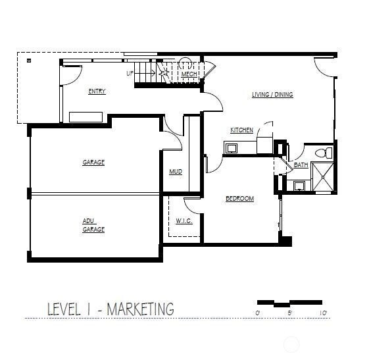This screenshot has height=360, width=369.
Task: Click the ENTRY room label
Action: (97, 91)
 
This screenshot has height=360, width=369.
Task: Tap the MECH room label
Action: (190, 74)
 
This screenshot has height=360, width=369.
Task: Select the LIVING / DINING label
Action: (272, 95)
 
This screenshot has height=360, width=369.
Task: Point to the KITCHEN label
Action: (241, 130)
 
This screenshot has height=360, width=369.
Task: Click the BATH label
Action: (301, 165)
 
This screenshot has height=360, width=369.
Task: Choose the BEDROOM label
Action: (239, 199)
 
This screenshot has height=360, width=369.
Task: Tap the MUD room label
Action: (175, 172)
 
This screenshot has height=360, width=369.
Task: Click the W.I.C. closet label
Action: (184, 221)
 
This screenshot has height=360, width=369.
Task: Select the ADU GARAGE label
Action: (93, 225)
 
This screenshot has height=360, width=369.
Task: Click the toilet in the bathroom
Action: (323, 153)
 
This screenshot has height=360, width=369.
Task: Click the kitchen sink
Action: (232, 148)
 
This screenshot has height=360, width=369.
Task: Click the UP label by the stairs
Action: (130, 72)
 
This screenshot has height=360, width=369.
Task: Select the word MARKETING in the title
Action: (140, 309)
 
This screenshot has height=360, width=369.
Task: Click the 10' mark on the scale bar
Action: (323, 313)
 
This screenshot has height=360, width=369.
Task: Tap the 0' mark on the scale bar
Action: (258, 313)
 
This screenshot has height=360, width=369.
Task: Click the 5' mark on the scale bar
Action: (291, 313)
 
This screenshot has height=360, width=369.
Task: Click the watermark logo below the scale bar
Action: (289, 344)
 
